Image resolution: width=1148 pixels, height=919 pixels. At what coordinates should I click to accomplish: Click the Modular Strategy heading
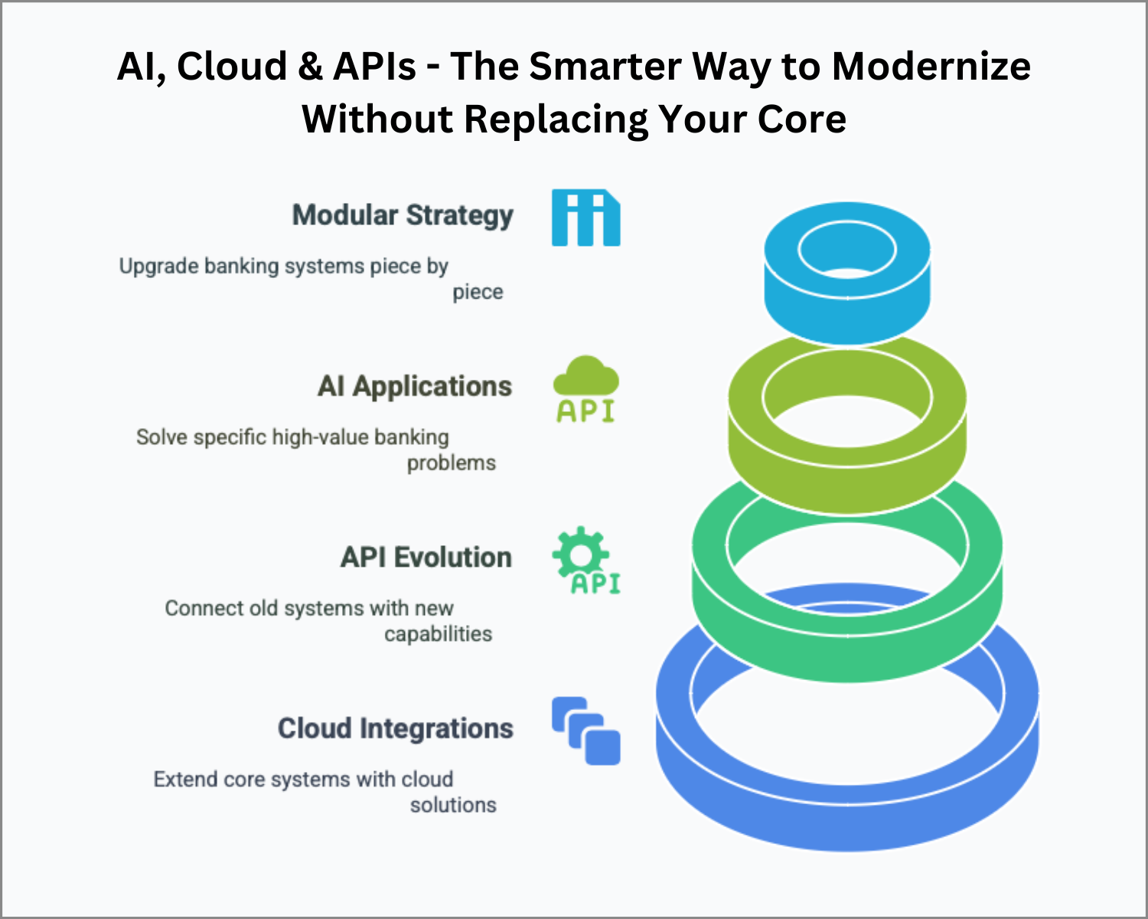click(403, 216)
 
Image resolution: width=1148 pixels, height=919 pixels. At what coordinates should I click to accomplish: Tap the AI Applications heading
click(415, 388)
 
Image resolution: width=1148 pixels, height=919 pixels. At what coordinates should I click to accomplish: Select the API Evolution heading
click(426, 558)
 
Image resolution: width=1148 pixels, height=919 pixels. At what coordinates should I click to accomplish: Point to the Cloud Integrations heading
click(395, 729)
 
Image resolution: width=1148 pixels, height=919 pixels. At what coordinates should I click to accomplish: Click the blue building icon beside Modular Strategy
click(585, 217)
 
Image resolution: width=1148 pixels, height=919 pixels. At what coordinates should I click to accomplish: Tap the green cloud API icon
click(585, 389)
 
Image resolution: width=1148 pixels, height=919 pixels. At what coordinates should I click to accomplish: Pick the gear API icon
click(585, 561)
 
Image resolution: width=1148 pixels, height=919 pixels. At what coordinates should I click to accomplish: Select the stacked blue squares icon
click(585, 731)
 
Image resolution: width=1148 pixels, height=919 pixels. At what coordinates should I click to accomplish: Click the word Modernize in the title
click(931, 67)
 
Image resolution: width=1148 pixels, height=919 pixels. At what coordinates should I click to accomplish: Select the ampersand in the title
click(310, 67)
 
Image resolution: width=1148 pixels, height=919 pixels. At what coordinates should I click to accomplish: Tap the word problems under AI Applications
click(452, 463)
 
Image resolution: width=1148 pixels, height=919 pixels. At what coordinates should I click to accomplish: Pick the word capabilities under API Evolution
click(438, 634)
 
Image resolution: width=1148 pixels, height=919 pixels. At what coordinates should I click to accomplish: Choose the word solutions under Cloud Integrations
click(453, 805)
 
